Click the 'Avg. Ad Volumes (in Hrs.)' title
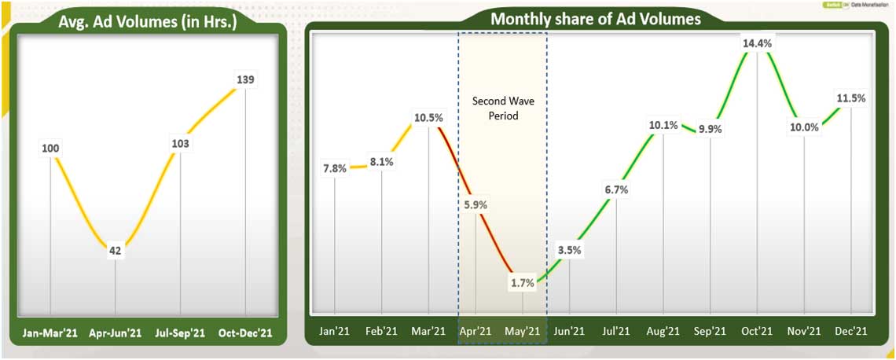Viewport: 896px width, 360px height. [148, 23]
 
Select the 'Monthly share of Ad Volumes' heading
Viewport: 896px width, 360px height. [595, 19]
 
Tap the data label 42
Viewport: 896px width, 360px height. [115, 252]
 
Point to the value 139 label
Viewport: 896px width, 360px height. [245, 79]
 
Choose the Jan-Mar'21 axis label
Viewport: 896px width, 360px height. [50, 332]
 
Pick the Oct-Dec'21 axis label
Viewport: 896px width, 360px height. [245, 332]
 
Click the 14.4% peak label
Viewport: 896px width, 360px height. [757, 44]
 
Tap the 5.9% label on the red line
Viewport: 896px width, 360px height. [476, 205]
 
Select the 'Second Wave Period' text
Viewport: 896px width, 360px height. [501, 108]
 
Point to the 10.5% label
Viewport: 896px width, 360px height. [428, 118]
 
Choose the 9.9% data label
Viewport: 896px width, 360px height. [711, 129]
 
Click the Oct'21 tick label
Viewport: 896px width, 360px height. [757, 332]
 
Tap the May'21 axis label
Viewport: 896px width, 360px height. [522, 332]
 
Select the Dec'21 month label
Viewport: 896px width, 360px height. [850, 332]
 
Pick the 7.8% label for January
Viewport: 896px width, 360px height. [335, 169]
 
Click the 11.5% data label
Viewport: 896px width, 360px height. [851, 98]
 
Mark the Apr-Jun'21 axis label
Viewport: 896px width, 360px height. [115, 332]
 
